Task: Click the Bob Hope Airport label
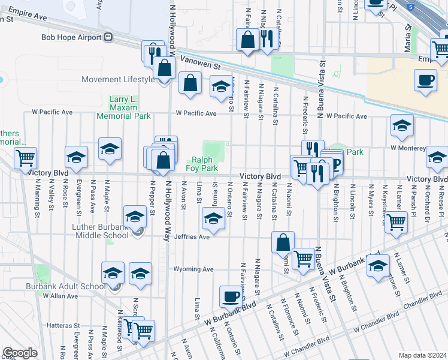[x=72, y=37]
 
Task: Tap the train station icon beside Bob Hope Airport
[x=108, y=37]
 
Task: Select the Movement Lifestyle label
[x=118, y=80]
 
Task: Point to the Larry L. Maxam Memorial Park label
[x=130, y=107]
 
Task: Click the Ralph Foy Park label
[x=205, y=164]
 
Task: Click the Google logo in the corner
[x=20, y=353]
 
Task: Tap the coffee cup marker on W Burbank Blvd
[x=231, y=296]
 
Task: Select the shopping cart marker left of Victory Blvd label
[x=25, y=158]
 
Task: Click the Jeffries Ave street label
[x=192, y=237]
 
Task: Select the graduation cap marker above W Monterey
[x=401, y=125]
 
